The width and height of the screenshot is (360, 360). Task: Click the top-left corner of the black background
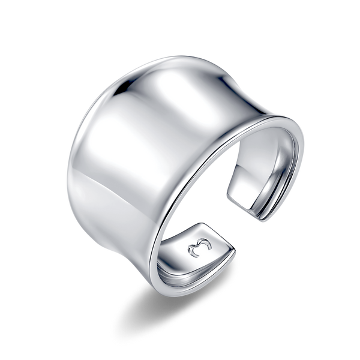pyautogui.click(x=3, y=3)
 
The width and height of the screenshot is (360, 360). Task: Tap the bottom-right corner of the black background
pyautogui.click(x=356, y=356)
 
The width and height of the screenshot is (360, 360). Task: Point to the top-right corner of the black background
pyautogui.click(x=356, y=3)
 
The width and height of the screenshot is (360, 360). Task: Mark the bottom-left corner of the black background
pyautogui.click(x=3, y=356)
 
